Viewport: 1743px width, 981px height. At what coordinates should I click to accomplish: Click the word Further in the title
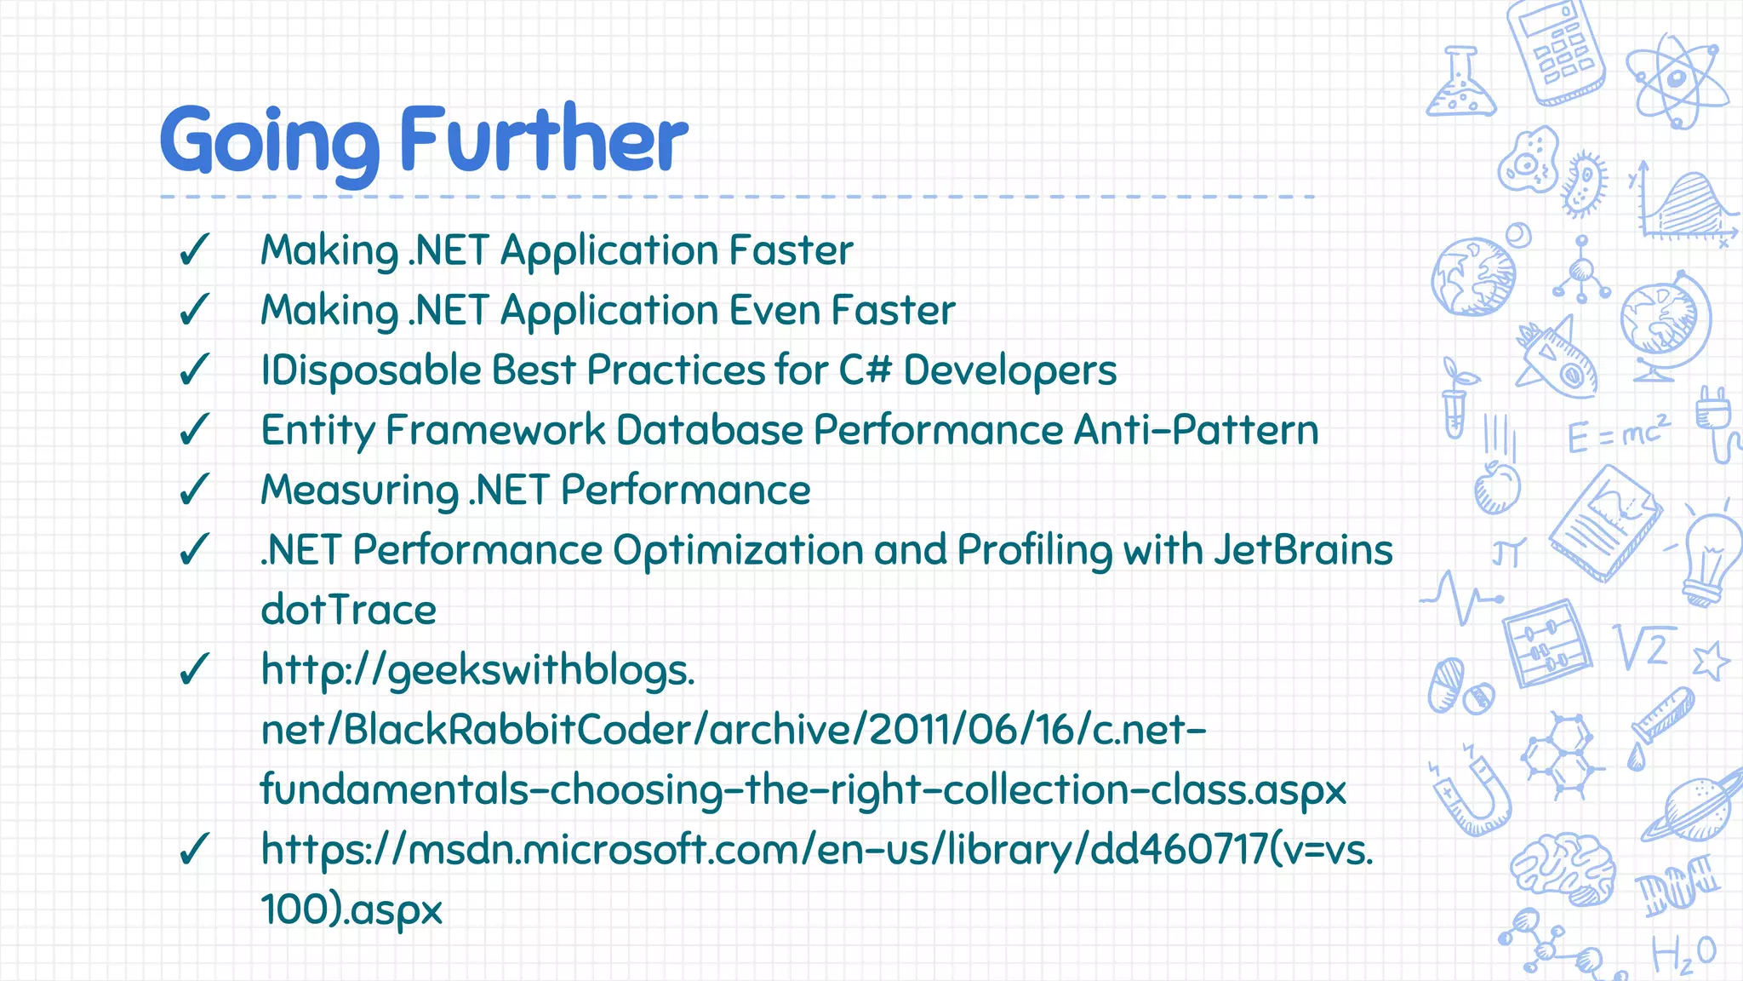tap(543, 139)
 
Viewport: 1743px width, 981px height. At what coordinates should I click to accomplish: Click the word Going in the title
tap(269, 141)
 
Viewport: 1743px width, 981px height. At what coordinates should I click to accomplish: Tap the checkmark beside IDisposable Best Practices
tap(194, 370)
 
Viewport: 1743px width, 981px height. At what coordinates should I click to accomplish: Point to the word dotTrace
tap(348, 611)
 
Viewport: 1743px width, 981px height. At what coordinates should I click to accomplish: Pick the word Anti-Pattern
tap(1196, 430)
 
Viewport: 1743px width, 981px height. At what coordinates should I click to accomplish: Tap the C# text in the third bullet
tap(866, 370)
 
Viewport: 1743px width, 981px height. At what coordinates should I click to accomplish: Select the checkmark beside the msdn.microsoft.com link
tap(194, 849)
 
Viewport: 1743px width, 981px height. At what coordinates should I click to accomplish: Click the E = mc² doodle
tap(1618, 434)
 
